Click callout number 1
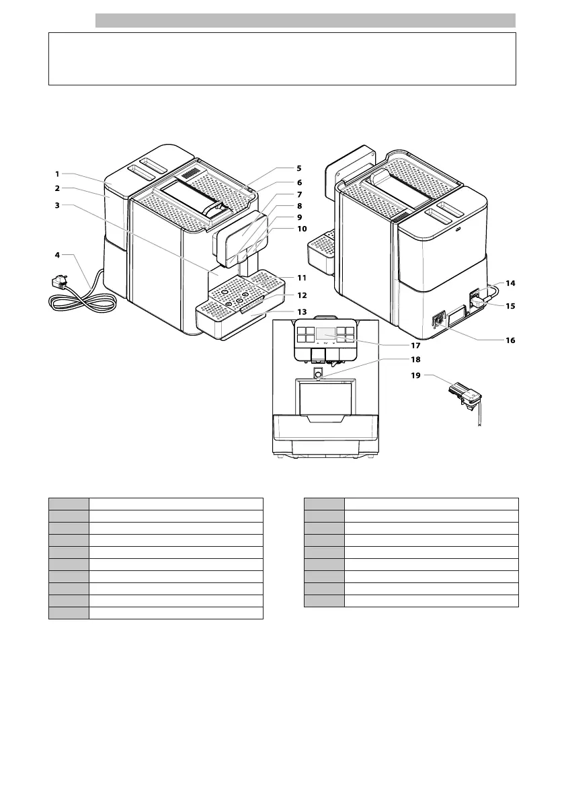[58, 174]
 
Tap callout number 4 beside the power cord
[58, 255]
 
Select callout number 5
[299, 168]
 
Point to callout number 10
[302, 229]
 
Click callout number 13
[302, 312]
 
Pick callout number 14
[510, 283]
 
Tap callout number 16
[510, 340]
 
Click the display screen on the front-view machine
[326, 333]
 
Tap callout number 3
[58, 206]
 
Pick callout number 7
[299, 194]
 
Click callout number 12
[302, 295]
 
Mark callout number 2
[58, 188]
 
